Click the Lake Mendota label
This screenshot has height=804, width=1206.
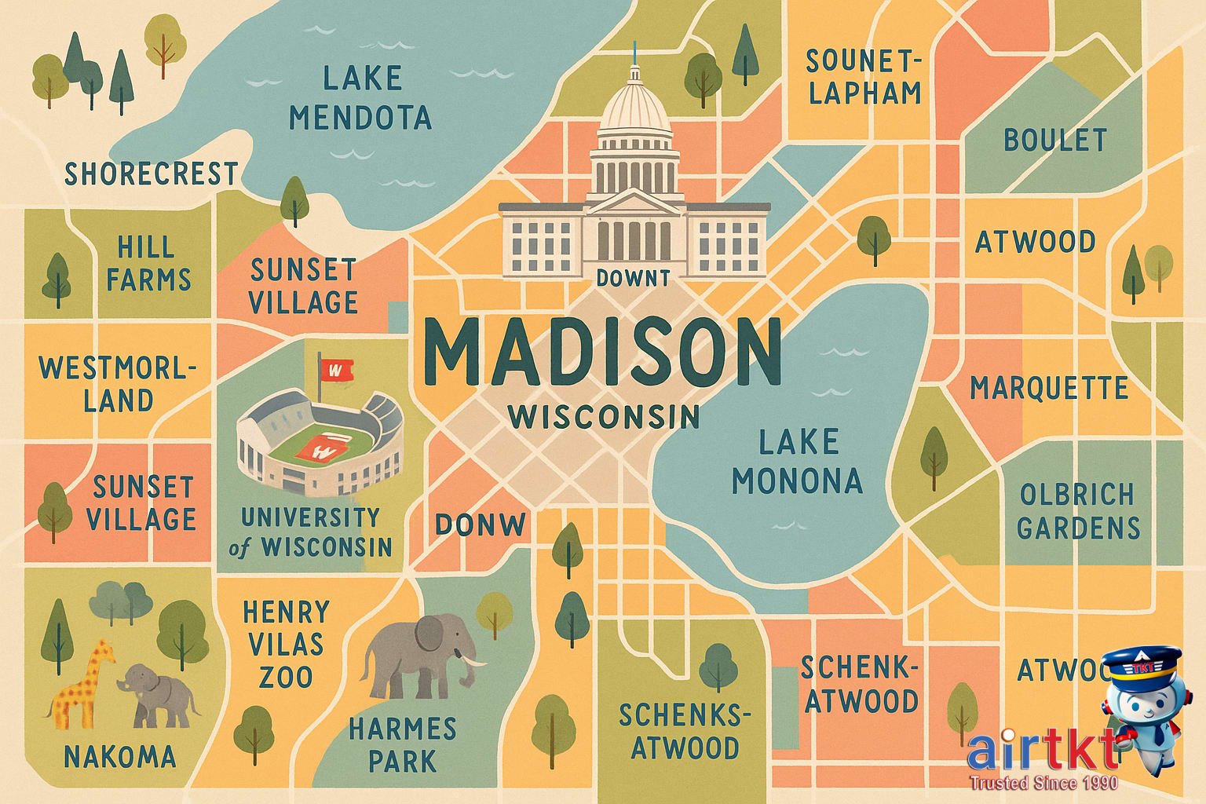[360, 98]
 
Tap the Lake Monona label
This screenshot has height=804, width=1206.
[798, 462]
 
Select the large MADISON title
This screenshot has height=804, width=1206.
[601, 352]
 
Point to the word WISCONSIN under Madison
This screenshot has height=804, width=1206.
[603, 417]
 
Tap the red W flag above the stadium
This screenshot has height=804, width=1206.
[336, 369]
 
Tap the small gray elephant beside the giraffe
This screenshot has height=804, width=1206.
[157, 695]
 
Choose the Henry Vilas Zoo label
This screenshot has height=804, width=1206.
[284, 644]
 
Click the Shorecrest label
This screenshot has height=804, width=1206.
[151, 174]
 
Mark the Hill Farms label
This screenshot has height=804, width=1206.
[148, 264]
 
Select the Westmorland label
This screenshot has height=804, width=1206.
[119, 384]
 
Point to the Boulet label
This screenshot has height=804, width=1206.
[1054, 141]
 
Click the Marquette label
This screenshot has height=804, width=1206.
[1048, 388]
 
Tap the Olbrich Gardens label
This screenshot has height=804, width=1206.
[1077, 511]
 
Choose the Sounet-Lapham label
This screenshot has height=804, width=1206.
[863, 77]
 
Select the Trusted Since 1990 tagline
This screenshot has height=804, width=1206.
[1043, 783]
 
